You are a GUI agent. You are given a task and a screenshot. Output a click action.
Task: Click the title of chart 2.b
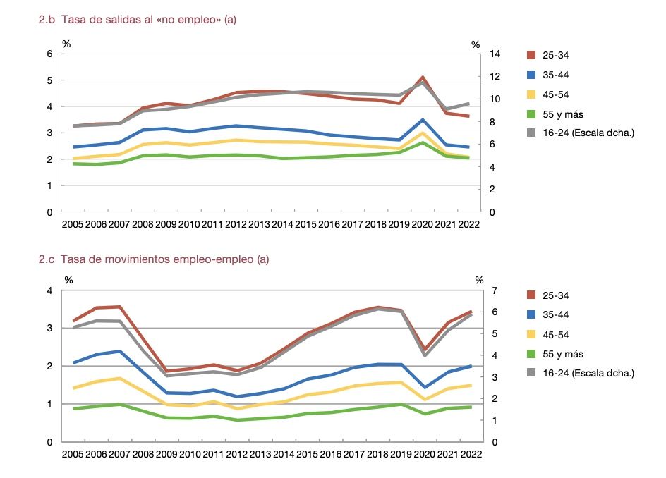point(138,20)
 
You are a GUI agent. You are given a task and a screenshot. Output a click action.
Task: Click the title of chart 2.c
point(154,259)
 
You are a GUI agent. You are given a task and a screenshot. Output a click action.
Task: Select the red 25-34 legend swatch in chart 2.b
point(533,54)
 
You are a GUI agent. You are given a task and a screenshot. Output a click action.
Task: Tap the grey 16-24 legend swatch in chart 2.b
point(533,133)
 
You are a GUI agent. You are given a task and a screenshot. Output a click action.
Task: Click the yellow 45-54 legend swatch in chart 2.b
point(533,94)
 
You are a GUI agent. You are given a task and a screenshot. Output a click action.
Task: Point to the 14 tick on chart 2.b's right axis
point(495,54)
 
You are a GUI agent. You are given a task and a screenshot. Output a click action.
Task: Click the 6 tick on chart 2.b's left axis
point(50,54)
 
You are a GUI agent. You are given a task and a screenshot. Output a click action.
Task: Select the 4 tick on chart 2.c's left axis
point(50,290)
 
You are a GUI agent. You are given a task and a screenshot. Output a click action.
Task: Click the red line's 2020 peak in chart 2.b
point(422,77)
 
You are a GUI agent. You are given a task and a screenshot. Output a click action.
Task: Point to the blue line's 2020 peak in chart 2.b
point(422,120)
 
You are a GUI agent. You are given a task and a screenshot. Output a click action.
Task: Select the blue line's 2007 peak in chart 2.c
point(121,351)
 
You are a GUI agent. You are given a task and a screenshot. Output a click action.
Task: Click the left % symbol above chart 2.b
point(66,44)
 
